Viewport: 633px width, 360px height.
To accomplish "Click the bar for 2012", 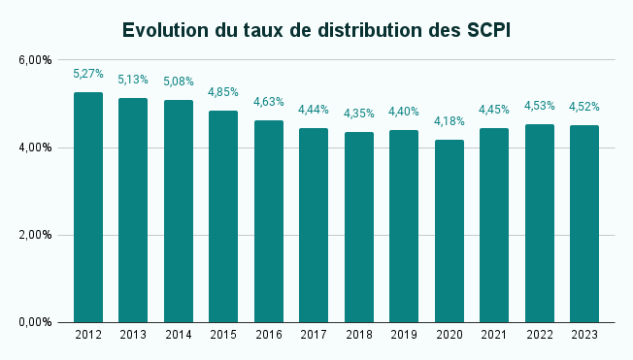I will coord(88,208).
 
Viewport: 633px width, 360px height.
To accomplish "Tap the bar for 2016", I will coord(269,221).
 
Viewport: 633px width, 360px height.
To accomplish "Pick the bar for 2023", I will coord(584,224).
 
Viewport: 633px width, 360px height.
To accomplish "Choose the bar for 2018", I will coord(359,227).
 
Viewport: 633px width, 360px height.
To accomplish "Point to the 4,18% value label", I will coord(450,121).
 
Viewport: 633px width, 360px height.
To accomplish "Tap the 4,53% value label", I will coord(540,106).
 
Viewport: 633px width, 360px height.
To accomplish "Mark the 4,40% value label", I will coord(404,112).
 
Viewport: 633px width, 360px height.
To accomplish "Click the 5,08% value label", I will coord(179,82).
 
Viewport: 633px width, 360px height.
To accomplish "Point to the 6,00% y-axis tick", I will coord(35,60).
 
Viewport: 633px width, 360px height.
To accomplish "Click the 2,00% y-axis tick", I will coord(35,235).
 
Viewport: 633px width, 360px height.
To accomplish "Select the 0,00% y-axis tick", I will coord(35,322).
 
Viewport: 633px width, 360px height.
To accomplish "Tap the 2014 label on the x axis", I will coord(179,335).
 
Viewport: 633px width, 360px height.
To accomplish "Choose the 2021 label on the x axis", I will coord(494,335).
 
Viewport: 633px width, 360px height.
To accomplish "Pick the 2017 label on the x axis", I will coord(314,335).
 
